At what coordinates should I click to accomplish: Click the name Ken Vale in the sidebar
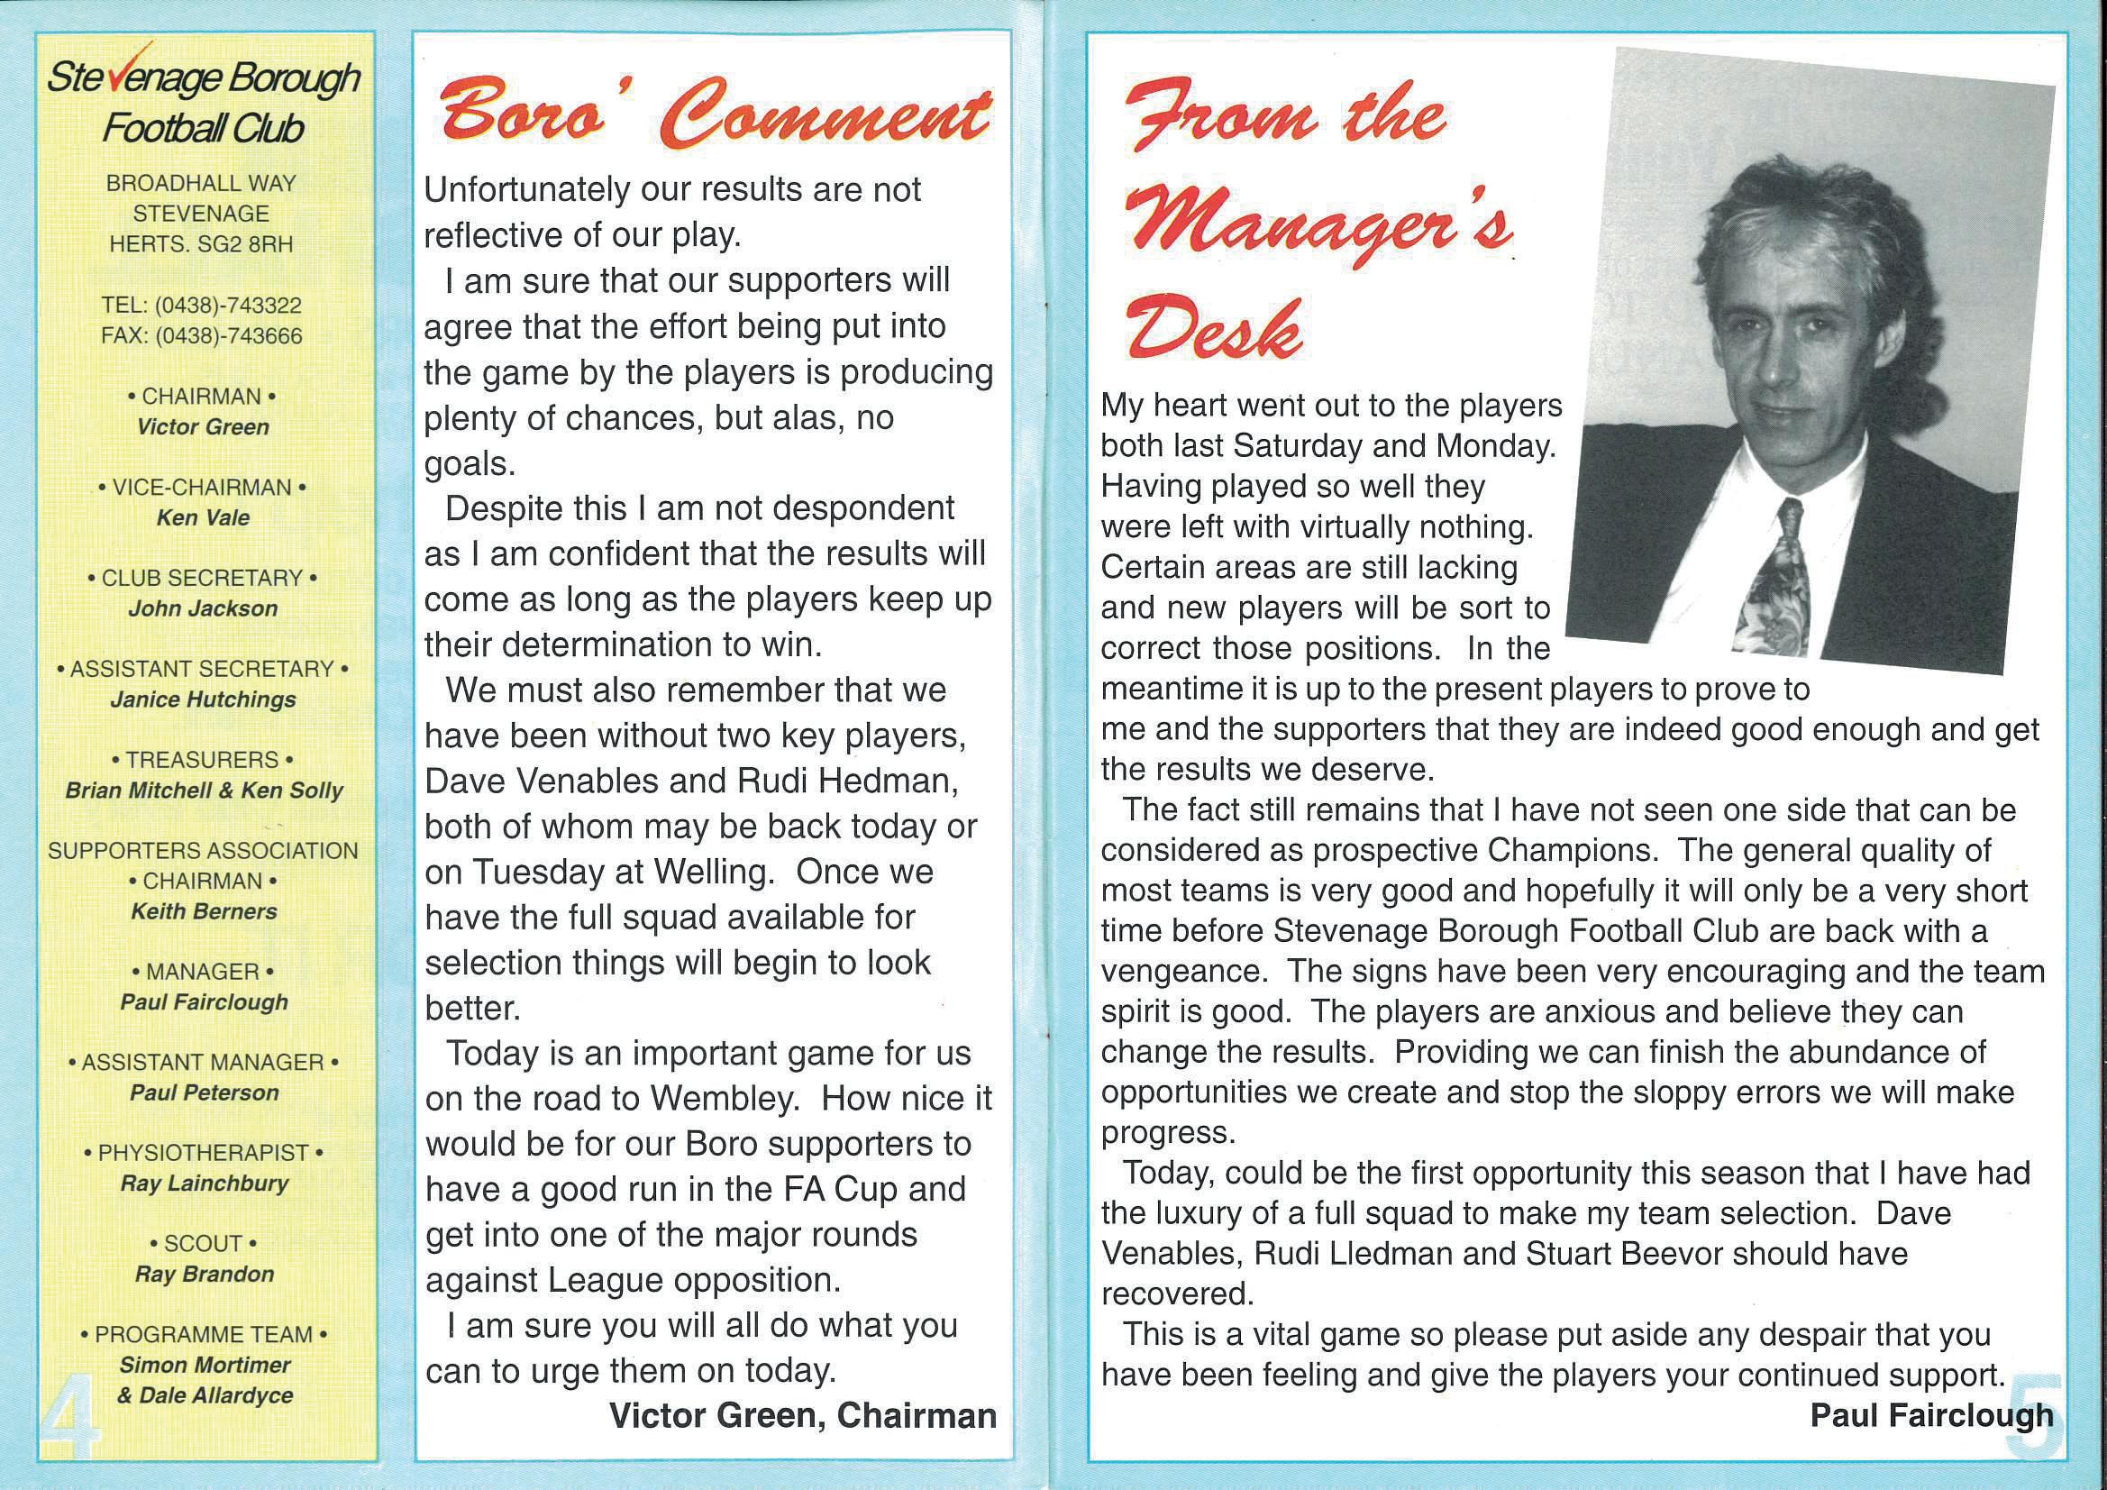click(x=203, y=517)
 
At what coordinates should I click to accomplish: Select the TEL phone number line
click(x=202, y=305)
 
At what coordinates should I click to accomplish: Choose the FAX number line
click(x=202, y=336)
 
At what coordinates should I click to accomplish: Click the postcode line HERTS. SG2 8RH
click(x=202, y=244)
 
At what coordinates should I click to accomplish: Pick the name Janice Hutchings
click(x=203, y=699)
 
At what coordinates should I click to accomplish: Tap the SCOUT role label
click(x=203, y=1243)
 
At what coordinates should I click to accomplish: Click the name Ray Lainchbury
click(x=204, y=1184)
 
